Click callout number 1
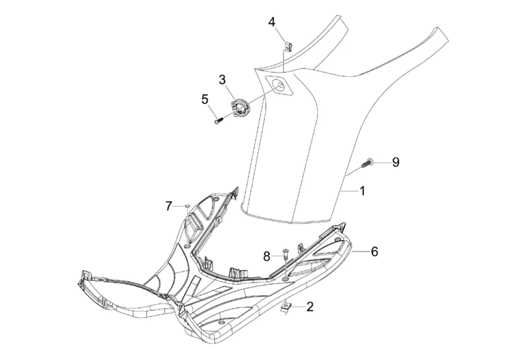pyautogui.click(x=362, y=191)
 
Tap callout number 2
pyautogui.click(x=310, y=306)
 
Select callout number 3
pyautogui.click(x=222, y=80)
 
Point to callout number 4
pyautogui.click(x=271, y=22)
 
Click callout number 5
pyautogui.click(x=205, y=99)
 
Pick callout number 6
pyautogui.click(x=375, y=251)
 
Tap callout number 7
pyautogui.click(x=168, y=206)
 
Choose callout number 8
pyautogui.click(x=266, y=257)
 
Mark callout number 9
pyautogui.click(x=396, y=162)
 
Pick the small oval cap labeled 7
pyautogui.click(x=188, y=206)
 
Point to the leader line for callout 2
pyautogui.click(x=298, y=307)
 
